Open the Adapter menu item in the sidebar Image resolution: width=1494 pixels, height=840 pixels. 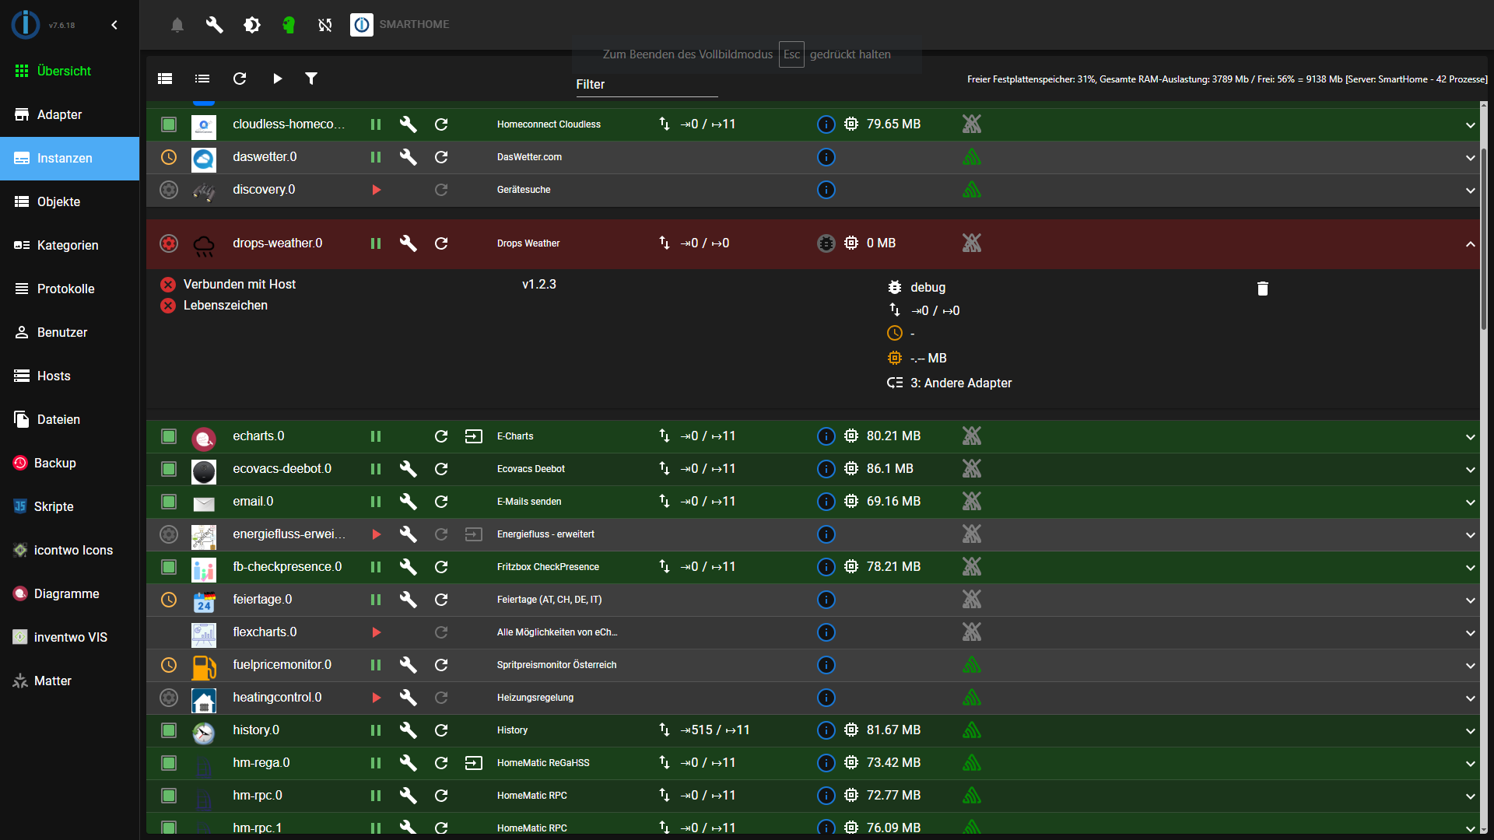[59, 114]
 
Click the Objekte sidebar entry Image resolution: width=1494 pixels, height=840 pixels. [58, 201]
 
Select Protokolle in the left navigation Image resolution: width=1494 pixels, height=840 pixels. [65, 289]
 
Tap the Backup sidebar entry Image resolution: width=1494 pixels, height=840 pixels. [54, 463]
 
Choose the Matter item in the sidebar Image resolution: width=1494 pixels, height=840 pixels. [52, 681]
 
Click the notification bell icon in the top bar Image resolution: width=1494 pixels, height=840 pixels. [177, 25]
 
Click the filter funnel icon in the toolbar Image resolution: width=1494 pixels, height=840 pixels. [311, 79]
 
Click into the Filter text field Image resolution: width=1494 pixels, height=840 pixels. [646, 85]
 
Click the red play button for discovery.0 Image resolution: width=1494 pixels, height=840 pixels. [376, 190]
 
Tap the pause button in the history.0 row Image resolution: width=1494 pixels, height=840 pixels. [376, 730]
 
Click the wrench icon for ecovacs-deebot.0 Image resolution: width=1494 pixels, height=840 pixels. [409, 469]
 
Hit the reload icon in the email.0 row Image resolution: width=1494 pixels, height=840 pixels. [441, 502]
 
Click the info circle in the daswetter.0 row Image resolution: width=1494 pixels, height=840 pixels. [826, 157]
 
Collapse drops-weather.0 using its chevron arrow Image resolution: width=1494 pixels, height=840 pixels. [1470, 244]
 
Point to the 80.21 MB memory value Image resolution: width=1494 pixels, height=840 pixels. [893, 436]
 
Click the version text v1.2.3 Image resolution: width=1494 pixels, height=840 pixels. [539, 285]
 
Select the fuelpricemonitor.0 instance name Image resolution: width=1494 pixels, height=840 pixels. [282, 665]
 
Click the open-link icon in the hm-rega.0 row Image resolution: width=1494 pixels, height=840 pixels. [474, 763]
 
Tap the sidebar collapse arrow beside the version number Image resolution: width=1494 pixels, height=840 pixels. [114, 25]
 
